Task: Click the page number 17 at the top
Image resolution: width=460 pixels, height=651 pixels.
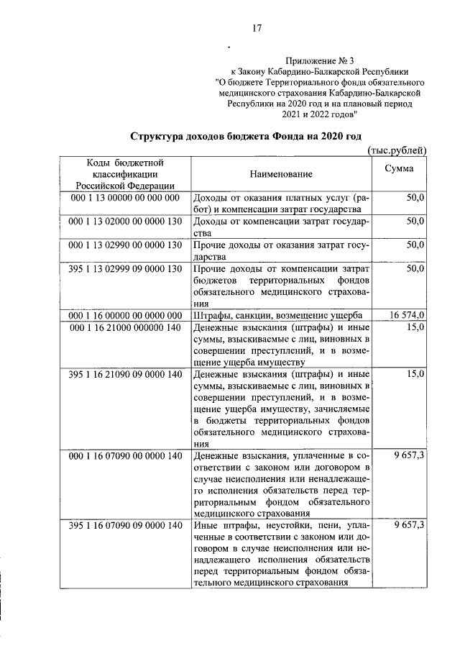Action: pyautogui.click(x=256, y=29)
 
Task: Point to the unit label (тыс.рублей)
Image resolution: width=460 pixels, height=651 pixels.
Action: pyautogui.click(x=397, y=150)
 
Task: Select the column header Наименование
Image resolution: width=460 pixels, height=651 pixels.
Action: pyautogui.click(x=281, y=174)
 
